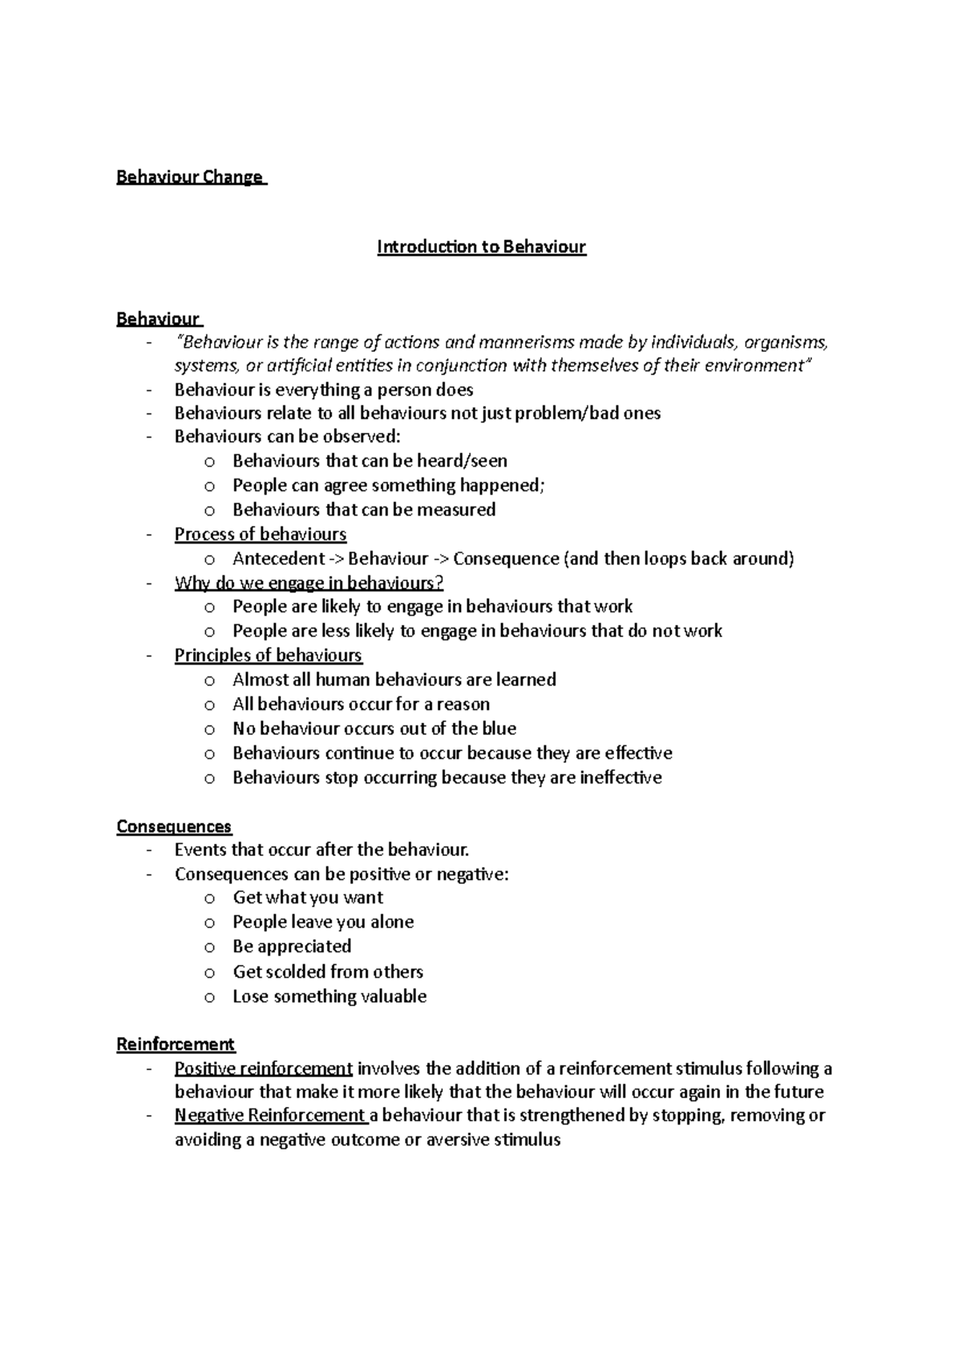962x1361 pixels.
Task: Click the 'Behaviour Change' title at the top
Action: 190,177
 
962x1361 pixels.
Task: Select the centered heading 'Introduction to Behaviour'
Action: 482,247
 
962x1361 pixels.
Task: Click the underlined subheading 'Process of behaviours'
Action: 261,535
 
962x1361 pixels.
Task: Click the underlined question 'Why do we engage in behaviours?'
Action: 309,583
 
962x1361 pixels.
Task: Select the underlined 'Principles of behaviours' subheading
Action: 269,656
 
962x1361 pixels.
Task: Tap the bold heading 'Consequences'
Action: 174,826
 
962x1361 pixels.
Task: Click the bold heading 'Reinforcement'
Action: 176,1044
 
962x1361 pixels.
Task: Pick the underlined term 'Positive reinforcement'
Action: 264,1068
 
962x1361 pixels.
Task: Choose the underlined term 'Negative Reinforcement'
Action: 270,1116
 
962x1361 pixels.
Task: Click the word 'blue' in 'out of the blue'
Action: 499,729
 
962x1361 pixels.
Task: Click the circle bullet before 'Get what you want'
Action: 209,899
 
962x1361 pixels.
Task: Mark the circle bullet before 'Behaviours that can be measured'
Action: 209,511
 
